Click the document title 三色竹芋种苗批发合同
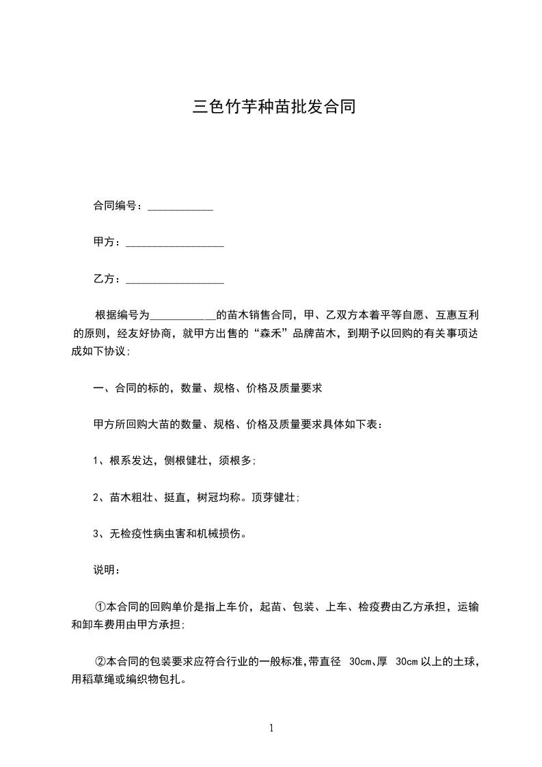273,107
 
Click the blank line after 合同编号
180,207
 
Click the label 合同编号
117,206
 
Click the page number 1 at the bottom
271,728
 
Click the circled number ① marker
100,606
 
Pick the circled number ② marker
100,662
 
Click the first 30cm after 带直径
360,662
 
